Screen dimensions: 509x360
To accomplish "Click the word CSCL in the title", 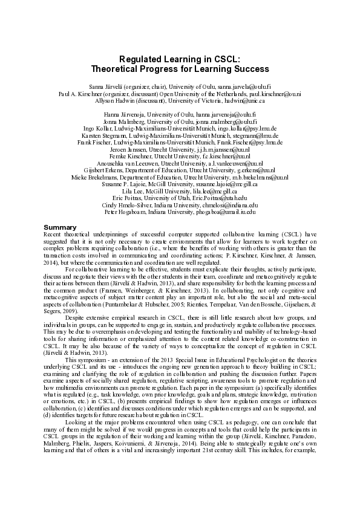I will pyautogui.click(x=226, y=59).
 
